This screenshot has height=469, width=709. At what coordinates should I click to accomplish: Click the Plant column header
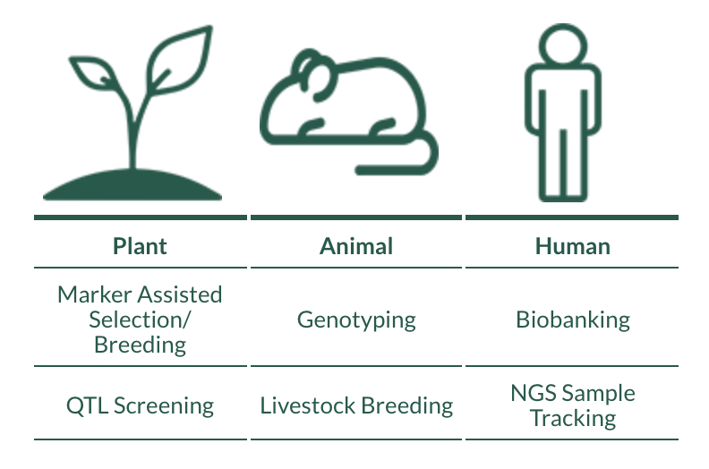140,246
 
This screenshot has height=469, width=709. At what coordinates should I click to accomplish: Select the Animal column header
356,246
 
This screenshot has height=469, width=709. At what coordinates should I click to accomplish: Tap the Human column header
572,246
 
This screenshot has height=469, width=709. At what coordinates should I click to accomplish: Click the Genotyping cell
356,320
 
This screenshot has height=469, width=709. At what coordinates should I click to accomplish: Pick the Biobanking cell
573,320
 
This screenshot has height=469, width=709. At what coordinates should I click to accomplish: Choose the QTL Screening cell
140,405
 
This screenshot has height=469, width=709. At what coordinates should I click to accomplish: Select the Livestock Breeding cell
356,405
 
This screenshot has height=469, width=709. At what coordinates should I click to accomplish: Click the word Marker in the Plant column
95,294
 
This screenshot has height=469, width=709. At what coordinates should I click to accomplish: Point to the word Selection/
140,320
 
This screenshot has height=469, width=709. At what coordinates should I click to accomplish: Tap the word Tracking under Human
573,418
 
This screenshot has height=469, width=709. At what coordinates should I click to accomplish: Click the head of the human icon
563,45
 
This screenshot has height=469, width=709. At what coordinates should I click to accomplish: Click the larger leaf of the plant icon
181,61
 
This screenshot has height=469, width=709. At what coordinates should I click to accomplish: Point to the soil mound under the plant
132,184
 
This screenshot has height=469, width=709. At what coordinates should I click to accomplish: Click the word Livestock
307,405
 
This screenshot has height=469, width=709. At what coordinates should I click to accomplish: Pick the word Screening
164,406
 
